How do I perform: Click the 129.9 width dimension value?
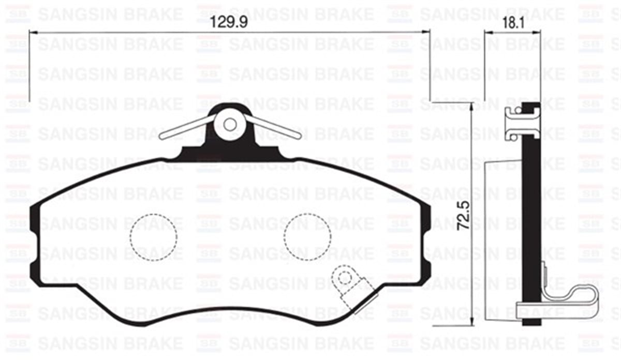tap(230, 22)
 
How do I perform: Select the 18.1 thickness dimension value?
tap(512, 22)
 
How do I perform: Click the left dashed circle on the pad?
tap(153, 236)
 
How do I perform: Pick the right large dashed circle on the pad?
tap(307, 236)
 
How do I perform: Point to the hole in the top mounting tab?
tap(229, 125)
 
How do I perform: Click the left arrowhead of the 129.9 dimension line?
tap(32, 32)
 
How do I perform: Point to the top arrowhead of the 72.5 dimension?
tap(471, 106)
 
